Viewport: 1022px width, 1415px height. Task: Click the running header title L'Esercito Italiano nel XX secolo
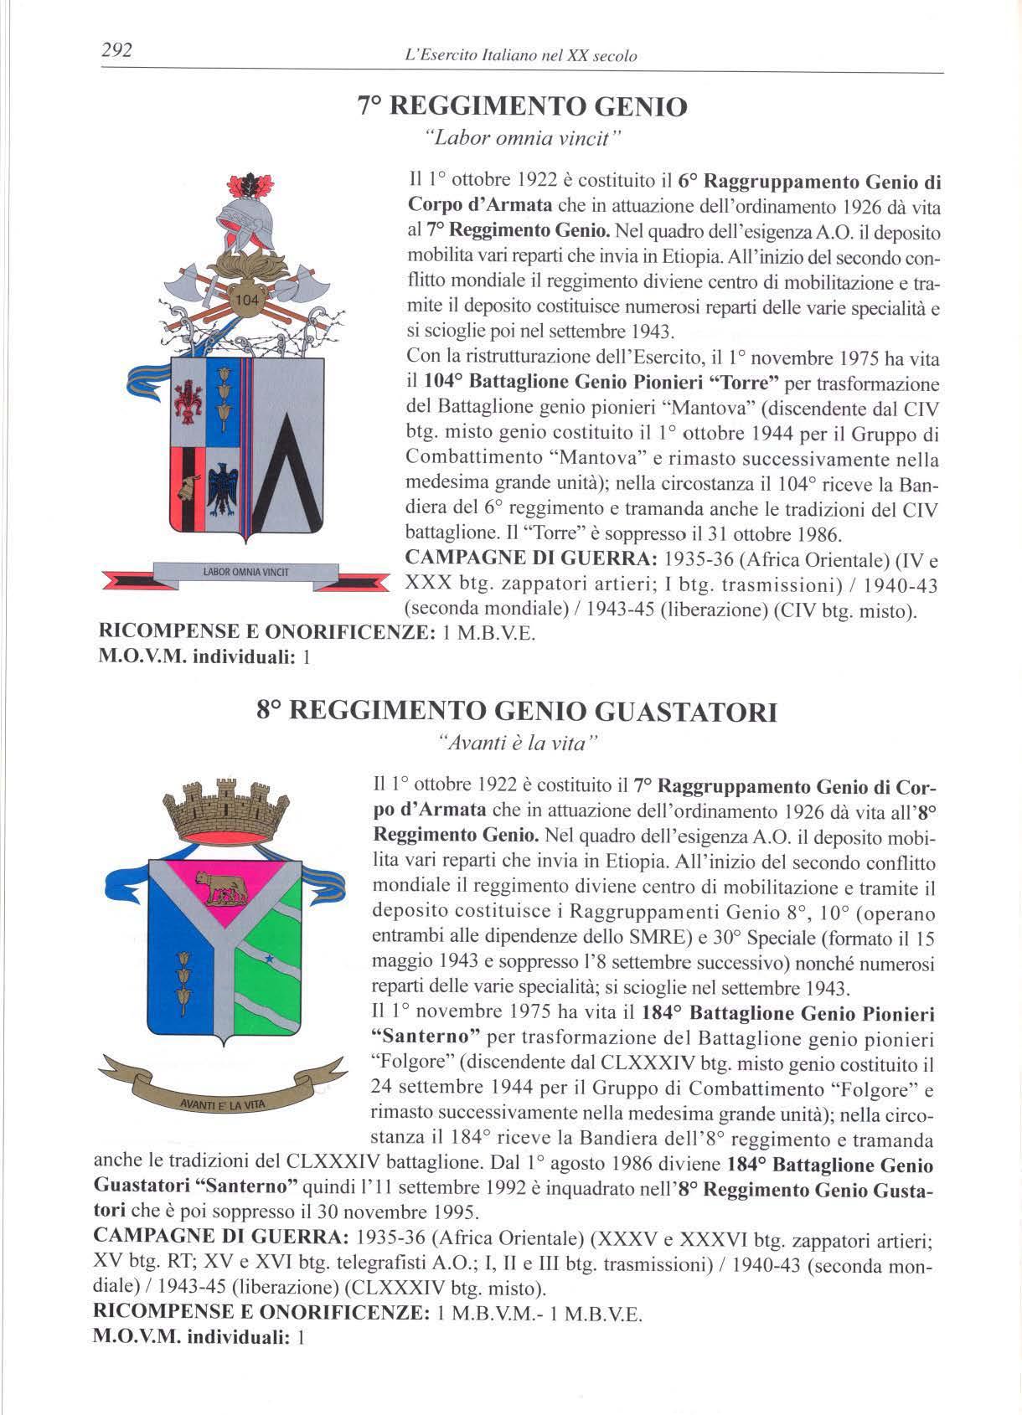coord(520,56)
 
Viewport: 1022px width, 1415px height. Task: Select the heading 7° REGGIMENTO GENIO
coord(522,106)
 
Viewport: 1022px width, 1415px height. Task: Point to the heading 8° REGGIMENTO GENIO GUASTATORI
coord(517,712)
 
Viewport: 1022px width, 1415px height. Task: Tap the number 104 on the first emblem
coord(248,300)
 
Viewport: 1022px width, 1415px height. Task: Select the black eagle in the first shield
coord(224,490)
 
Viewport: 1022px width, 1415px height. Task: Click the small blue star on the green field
coord(269,956)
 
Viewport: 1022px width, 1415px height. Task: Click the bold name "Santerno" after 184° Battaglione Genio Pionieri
coord(424,1038)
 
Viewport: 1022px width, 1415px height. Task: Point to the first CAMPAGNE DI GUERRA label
coord(530,558)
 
